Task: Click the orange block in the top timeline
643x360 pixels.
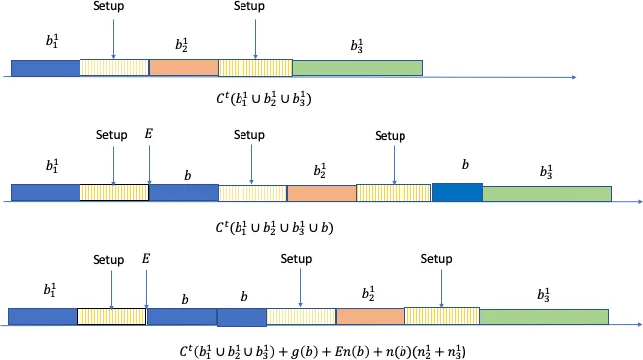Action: [x=183, y=68]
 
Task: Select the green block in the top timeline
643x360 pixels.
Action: [x=358, y=68]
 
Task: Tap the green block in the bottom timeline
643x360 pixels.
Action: [x=545, y=317]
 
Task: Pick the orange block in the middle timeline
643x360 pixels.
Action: [x=321, y=193]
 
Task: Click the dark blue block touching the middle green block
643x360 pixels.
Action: [x=457, y=192]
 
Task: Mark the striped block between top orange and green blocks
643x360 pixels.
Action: [x=254, y=68]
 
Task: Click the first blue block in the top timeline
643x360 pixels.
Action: [x=45, y=68]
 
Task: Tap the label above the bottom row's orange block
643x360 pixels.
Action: [x=368, y=294]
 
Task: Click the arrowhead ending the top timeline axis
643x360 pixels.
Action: [x=575, y=76]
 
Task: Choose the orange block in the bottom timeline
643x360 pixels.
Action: [x=370, y=317]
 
